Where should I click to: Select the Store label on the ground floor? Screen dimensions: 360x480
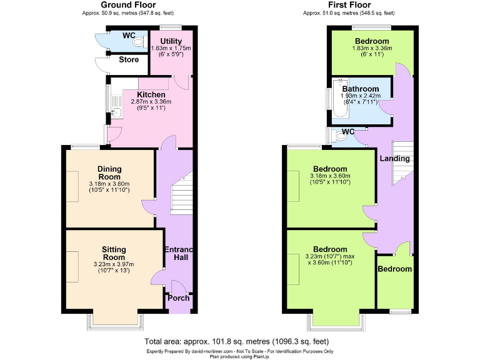pyautogui.click(x=129, y=60)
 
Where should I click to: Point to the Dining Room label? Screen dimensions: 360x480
pyautogui.click(x=109, y=173)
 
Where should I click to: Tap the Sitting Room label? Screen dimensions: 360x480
pyautogui.click(x=114, y=253)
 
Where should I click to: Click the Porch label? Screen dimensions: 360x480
pyautogui.click(x=178, y=297)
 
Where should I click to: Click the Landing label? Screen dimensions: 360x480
pyautogui.click(x=394, y=159)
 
